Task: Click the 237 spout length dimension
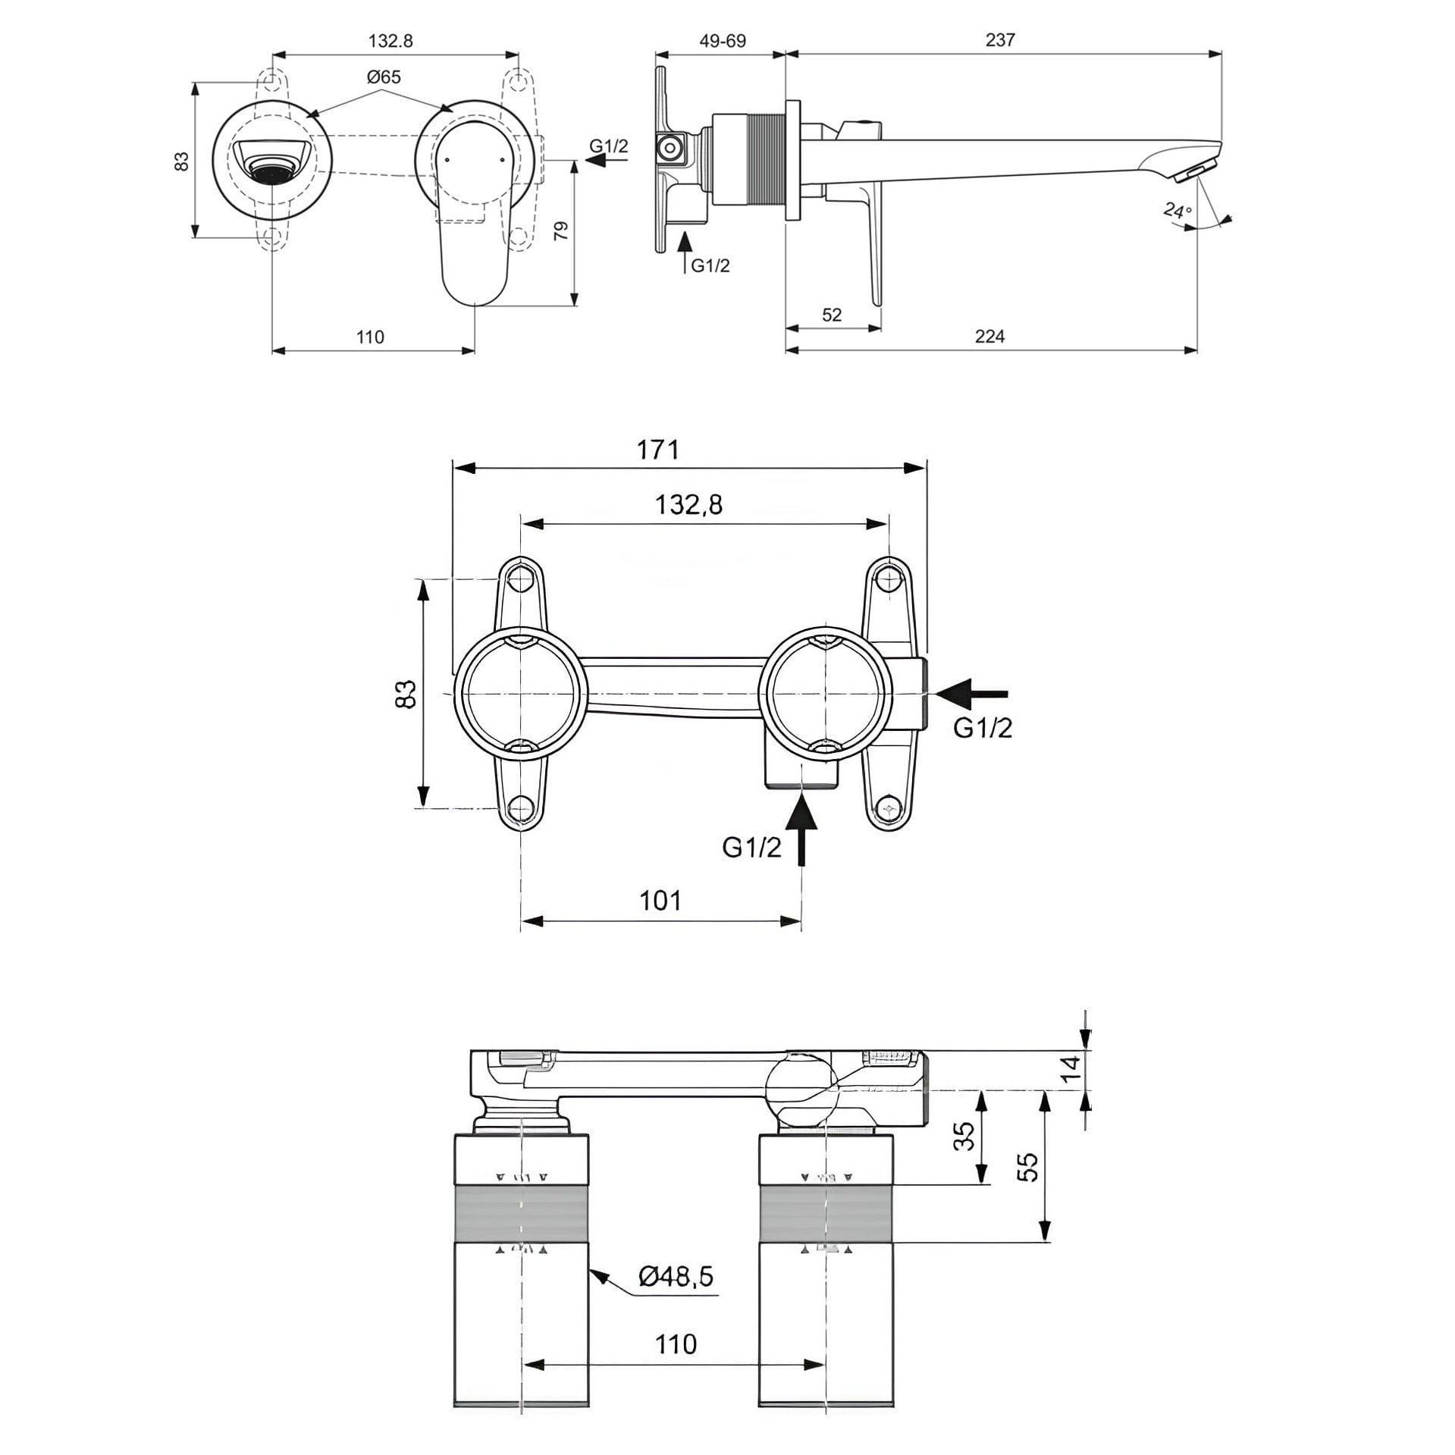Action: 1000,39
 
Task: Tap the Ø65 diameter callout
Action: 383,77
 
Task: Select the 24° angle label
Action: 1177,210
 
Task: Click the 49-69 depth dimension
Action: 722,40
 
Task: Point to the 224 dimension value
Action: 989,336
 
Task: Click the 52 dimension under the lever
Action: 832,315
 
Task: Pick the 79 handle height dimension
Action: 561,230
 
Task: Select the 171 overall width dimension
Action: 657,450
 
